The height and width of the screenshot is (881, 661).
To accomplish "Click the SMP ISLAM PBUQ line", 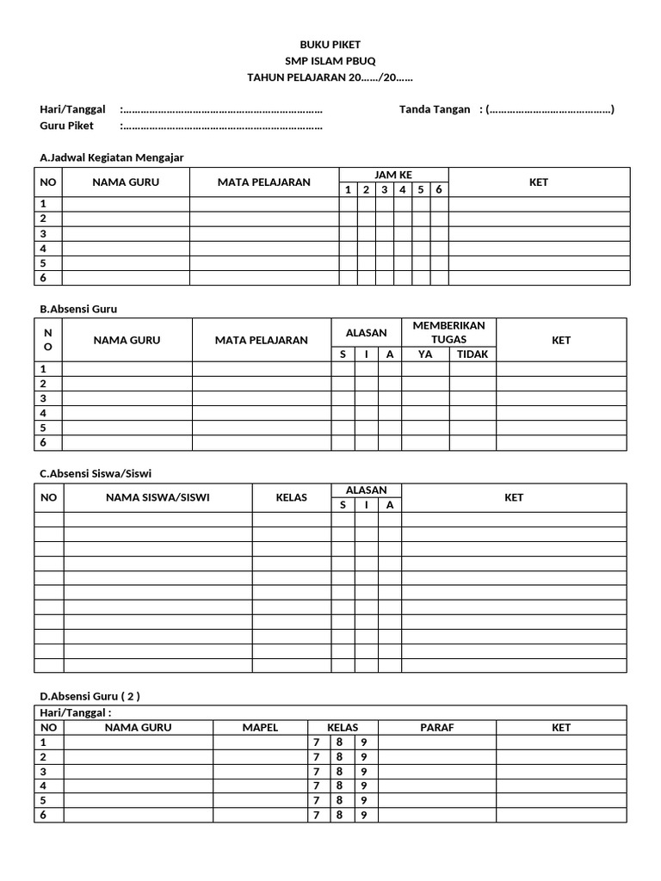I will pos(330,61).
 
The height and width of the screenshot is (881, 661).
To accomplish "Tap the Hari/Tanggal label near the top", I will pos(72,109).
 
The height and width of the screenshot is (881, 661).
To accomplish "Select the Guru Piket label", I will pos(67,126).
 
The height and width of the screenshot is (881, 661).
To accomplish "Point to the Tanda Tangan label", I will pos(435,109).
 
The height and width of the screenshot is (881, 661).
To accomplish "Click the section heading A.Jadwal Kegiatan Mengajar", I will pos(112,157).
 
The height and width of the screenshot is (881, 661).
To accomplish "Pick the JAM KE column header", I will pos(393,175).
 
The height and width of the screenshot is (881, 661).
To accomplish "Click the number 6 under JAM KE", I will pos(439,189).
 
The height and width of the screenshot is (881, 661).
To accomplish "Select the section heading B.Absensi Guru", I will pos(78,308).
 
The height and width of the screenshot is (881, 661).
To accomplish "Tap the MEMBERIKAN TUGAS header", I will pos(448,332).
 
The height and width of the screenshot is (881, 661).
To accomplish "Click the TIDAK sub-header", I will pos(472,354).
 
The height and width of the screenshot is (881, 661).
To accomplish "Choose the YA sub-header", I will pos(425,354).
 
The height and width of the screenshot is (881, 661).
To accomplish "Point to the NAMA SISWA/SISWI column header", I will pos(158,497).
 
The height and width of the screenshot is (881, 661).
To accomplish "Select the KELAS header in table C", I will pos(291,497).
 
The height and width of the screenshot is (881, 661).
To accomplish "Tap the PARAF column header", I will pos(436,727).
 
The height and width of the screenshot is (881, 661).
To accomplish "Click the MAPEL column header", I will pos(260,727).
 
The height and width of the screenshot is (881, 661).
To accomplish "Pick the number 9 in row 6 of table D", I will pos(364,815).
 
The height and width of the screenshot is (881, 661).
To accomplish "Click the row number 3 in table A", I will pos(43,233).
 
